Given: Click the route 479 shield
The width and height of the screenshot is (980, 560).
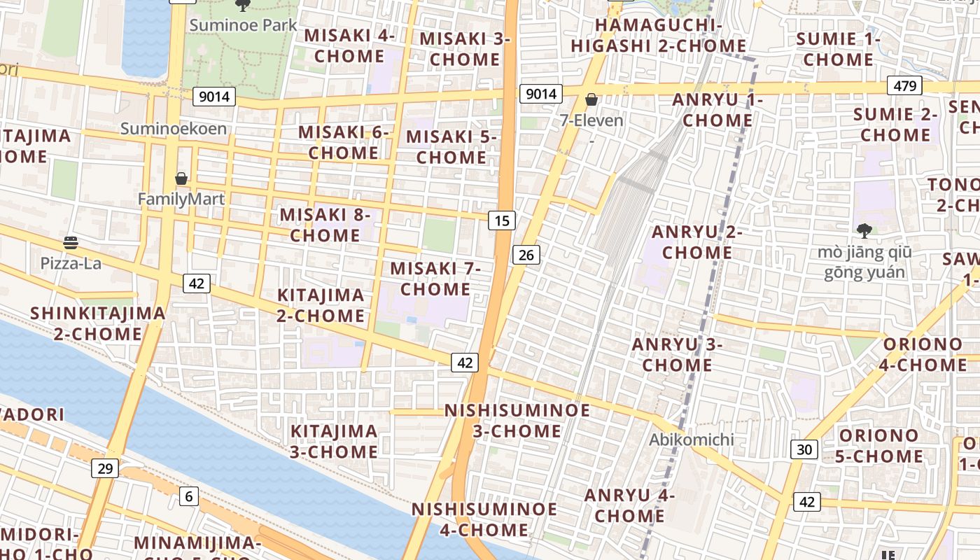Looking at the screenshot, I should click(x=904, y=86).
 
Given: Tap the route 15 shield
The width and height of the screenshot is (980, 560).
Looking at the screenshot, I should click(x=501, y=221).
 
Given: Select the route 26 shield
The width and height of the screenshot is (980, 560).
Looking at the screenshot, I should click(x=526, y=255).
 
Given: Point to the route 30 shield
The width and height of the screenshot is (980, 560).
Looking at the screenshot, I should click(x=804, y=449).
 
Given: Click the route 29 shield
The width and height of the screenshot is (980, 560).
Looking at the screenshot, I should click(x=104, y=468).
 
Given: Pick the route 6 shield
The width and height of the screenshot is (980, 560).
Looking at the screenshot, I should click(x=188, y=496).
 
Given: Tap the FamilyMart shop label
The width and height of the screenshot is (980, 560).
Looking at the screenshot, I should click(x=181, y=199).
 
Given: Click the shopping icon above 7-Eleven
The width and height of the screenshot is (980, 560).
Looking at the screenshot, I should click(x=591, y=100).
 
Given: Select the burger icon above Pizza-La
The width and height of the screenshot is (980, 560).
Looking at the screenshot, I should click(x=70, y=243).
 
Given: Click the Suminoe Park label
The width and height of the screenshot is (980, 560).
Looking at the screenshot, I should click(x=244, y=26).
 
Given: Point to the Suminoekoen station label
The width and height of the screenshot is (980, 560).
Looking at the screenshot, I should click(x=174, y=129).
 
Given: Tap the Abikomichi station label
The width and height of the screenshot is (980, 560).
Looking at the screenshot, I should click(x=692, y=440).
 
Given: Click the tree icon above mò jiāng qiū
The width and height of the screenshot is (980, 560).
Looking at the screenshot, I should click(x=864, y=230).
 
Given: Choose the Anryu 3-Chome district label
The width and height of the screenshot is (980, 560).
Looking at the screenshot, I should click(x=677, y=355).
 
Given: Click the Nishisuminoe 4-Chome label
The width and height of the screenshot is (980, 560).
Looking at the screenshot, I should click(x=484, y=519).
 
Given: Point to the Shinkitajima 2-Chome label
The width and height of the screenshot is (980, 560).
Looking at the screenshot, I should click(x=98, y=323).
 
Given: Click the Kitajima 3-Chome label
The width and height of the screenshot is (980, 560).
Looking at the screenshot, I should click(x=334, y=442).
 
